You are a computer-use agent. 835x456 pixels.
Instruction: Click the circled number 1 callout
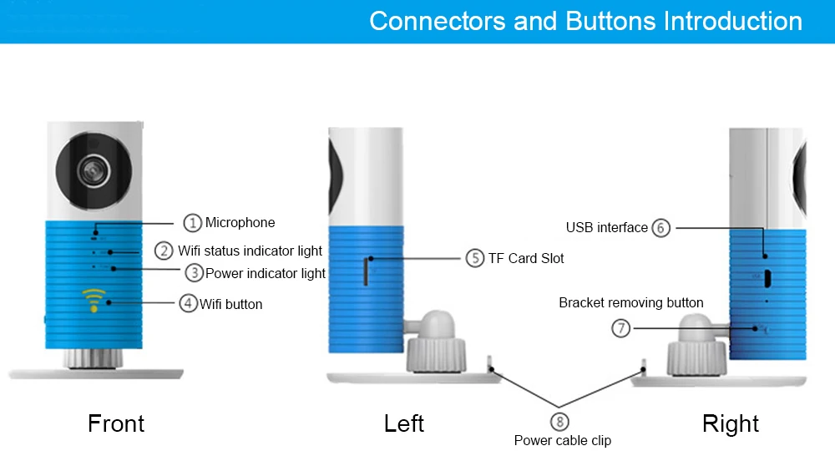pos(193,222)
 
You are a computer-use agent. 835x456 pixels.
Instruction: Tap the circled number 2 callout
pos(164,251)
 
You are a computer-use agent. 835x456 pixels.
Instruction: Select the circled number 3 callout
pos(194,272)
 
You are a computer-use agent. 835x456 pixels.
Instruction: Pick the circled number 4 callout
pos(189,303)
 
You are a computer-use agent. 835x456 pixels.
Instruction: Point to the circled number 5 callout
pos(475,258)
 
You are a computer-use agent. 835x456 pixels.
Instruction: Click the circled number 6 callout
pos(661,227)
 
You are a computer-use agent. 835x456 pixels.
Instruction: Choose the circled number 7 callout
pos(620,328)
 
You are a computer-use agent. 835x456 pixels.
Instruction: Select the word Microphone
pos(240,222)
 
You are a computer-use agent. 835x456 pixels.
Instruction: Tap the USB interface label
pos(607,227)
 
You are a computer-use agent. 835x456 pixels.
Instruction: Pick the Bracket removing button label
pos(631,302)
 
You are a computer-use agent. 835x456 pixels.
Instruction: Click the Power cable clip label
pos(563,440)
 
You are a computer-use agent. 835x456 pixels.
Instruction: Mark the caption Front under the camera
pos(116,423)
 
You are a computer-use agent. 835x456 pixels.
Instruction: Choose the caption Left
pos(404,423)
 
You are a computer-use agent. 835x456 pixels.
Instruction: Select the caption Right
pos(731,423)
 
